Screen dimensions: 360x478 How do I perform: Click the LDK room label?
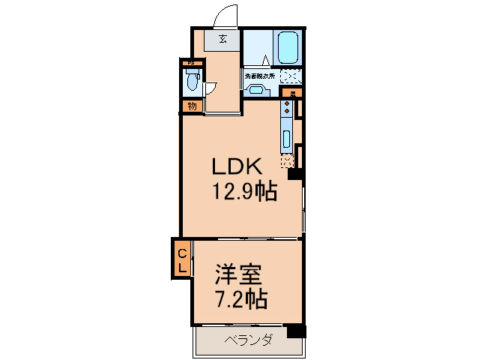pos(234,166)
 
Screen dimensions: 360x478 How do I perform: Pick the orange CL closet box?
pos(182,258)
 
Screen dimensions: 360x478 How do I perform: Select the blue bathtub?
pos(288,49)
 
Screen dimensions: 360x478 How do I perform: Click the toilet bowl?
pos(191,80)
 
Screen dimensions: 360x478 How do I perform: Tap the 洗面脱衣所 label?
pos(259,76)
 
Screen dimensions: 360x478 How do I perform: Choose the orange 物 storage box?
pos(192,106)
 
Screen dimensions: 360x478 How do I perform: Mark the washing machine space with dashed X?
pos(291,76)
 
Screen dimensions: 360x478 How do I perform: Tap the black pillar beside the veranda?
pos(297,331)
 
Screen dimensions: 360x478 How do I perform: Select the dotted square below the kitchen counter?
pos(286,160)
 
